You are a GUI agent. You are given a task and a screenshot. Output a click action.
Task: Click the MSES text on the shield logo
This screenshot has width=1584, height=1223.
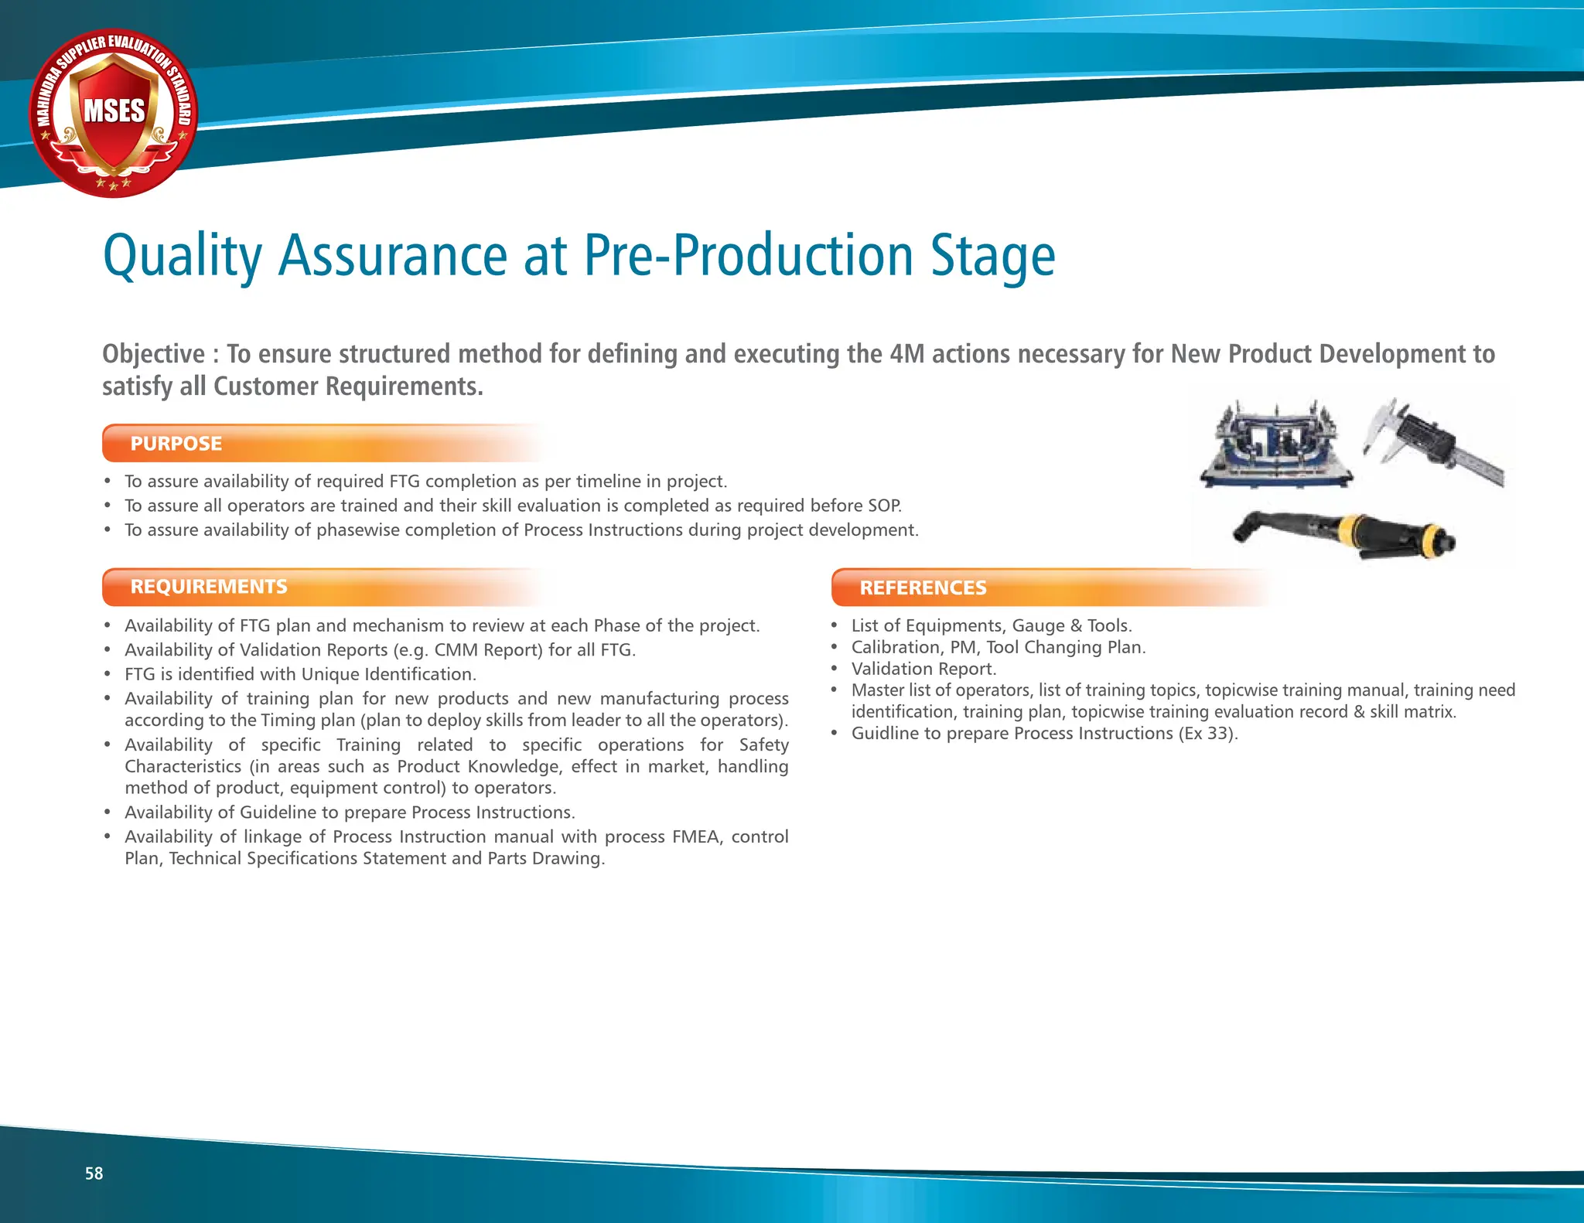[114, 111]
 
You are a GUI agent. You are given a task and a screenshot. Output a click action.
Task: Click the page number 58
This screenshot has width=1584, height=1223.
[94, 1174]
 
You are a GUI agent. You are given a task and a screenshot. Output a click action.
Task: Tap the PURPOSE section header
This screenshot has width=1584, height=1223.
[176, 444]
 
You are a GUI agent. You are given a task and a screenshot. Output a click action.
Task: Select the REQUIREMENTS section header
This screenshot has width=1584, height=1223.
[209, 587]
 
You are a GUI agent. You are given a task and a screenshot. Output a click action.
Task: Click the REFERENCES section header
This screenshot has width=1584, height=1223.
[923, 588]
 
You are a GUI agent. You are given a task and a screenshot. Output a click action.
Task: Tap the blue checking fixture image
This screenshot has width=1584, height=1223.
[1275, 448]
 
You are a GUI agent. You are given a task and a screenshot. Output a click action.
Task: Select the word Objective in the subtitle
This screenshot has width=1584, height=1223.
[153, 354]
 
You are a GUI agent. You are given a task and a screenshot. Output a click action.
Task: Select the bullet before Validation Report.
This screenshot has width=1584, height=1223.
[835, 669]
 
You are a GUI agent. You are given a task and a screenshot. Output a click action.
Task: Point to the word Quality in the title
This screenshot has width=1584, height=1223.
[183, 257]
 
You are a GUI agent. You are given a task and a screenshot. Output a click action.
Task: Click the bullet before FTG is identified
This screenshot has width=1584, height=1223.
[108, 675]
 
